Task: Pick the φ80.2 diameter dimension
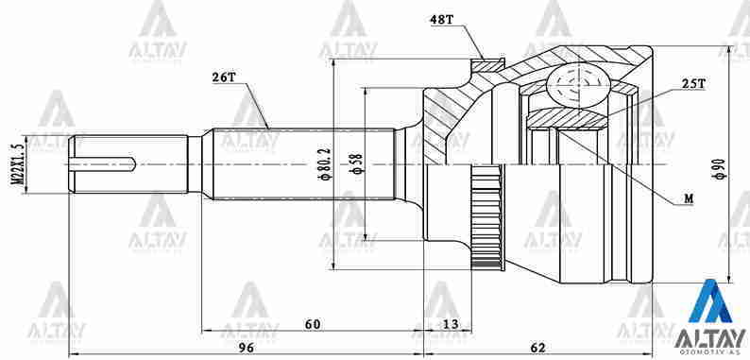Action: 325,163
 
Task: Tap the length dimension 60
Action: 313,324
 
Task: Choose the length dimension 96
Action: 245,347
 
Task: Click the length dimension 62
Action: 538,347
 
